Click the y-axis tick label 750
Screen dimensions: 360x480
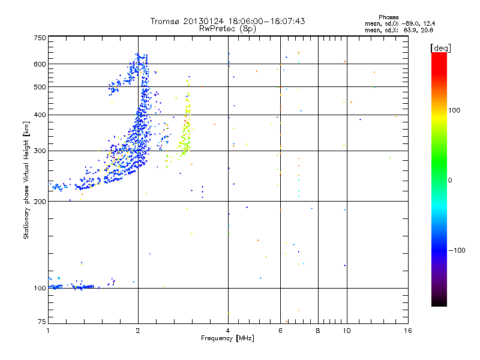pyautogui.click(x=40, y=38)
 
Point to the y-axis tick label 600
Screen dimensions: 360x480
pyautogui.click(x=40, y=64)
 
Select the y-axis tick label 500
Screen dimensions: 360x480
pyautogui.click(x=40, y=87)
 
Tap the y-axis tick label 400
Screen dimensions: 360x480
pyautogui.click(x=40, y=115)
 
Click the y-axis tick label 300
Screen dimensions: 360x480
pyautogui.click(x=40, y=151)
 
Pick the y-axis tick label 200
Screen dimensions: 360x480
pyautogui.click(x=40, y=201)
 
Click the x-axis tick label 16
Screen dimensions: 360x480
pyautogui.click(x=407, y=330)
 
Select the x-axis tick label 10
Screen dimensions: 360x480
pyautogui.click(x=346, y=330)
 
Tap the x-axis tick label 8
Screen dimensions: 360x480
pyautogui.click(x=318, y=330)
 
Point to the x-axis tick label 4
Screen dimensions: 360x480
pyautogui.click(x=228, y=330)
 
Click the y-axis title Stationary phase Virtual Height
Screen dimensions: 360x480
pyautogui.click(x=26, y=180)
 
